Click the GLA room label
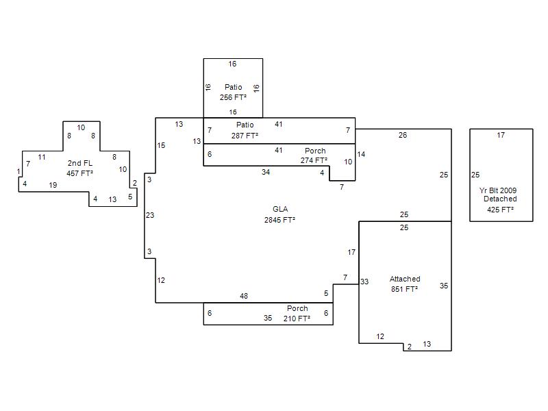[x=280, y=209]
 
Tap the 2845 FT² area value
[x=279, y=220]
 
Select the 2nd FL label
[x=80, y=163]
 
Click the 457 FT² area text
[x=79, y=173]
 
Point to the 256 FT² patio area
[x=233, y=97]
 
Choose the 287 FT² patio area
[x=245, y=136]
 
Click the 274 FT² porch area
[x=314, y=160]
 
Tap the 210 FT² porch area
[x=297, y=319]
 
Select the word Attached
[x=405, y=279]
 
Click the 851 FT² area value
[x=404, y=289]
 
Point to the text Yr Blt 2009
[x=498, y=190]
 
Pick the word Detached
[x=500, y=199]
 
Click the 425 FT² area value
[x=501, y=210]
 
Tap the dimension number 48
[x=244, y=296]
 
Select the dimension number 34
[x=266, y=172]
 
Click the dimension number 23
[x=150, y=215]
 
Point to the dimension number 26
[x=403, y=135]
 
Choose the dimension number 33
[x=364, y=282]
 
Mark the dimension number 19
[x=53, y=185]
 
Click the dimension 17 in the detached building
[x=501, y=135]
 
